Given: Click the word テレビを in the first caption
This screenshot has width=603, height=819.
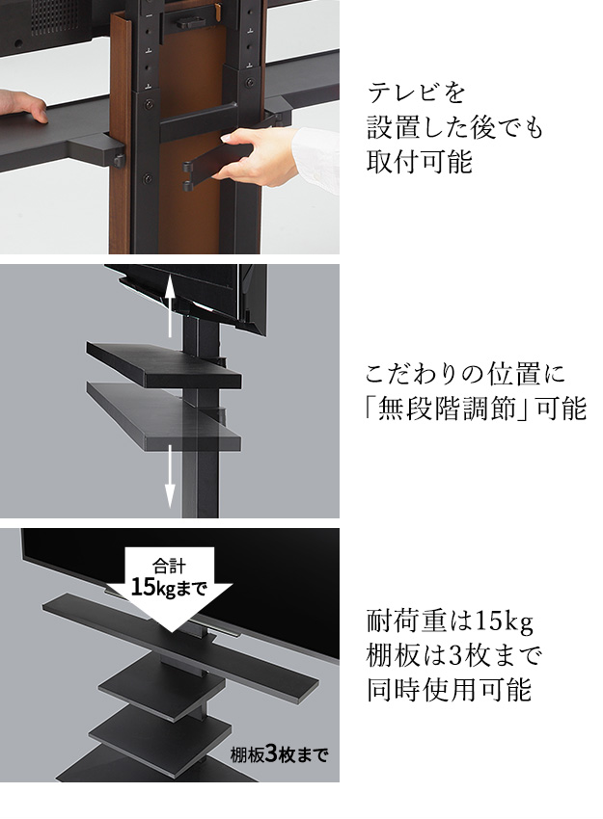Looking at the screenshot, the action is pos(416,93).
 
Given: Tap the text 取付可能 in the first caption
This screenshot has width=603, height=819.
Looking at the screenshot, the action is pos(420,161).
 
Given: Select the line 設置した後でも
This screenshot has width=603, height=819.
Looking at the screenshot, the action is pos(455,127).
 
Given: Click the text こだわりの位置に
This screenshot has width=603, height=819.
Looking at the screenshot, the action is pos(465,374).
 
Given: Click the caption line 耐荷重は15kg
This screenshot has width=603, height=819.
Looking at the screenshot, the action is pos(450,621).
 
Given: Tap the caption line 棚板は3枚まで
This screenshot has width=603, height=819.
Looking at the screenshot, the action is pos(453,655).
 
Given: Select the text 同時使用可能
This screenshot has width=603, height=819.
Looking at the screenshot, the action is pos(449,690).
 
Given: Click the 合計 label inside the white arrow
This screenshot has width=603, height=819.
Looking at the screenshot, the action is pos(169,566).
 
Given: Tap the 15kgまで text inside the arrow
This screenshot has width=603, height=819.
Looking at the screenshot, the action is pos(169,588).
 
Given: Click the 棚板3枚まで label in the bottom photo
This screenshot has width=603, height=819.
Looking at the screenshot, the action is pos(279,753).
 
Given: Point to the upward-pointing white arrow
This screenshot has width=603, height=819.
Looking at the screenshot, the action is pos(170,309).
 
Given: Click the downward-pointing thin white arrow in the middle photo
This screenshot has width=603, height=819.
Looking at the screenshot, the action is pos(170,475).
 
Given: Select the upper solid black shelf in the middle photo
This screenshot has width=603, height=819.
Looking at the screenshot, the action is pos(164,363).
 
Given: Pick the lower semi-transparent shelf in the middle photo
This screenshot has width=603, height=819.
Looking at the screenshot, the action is pos(164,415).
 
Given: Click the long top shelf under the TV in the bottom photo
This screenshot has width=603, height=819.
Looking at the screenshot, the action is pos(180,644).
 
